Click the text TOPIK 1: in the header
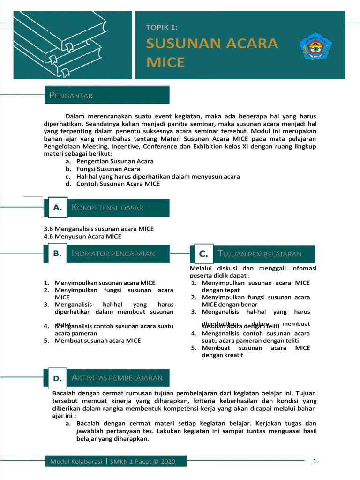pyautogui.click(x=162, y=28)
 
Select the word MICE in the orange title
pyautogui.click(x=165, y=62)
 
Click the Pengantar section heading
pyautogui.click(x=71, y=96)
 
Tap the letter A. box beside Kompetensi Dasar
pyautogui.click(x=58, y=208)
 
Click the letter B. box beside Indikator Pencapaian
pyautogui.click(x=58, y=254)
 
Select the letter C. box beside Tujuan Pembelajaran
pyautogui.click(x=203, y=254)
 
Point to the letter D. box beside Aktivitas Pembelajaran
pyautogui.click(x=58, y=378)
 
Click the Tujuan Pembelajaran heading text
pyautogui.click(x=260, y=254)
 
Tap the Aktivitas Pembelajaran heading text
pyautogui.click(x=117, y=377)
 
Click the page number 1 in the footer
pyautogui.click(x=315, y=461)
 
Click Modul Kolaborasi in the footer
pyautogui.click(x=76, y=462)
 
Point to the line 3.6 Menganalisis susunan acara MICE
pyautogui.click(x=98, y=229)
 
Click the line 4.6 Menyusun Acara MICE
pyautogui.click(x=82, y=236)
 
